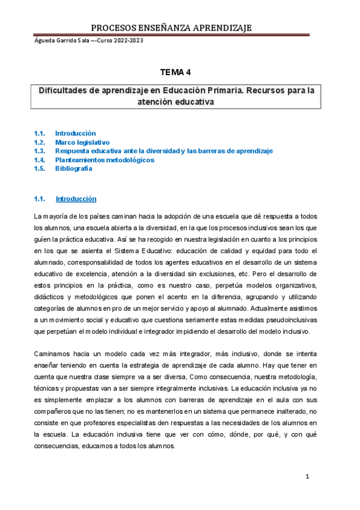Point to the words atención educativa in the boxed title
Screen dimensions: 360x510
coord(177,102)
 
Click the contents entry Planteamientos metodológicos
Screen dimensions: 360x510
coord(105,160)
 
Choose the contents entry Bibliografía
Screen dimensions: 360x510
coord(73,169)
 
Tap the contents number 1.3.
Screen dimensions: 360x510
coord(40,151)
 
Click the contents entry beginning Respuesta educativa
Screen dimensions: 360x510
coord(163,151)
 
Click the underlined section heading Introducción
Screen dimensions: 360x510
coord(75,198)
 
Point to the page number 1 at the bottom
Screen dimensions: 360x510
coord(307,477)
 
